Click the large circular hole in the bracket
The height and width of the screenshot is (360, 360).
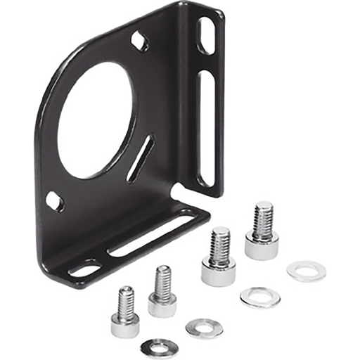pos(95,119)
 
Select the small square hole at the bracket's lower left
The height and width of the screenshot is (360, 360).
pos(54,202)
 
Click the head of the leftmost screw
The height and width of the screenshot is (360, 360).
pos(125,324)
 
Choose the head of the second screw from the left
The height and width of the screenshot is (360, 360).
pos(162,304)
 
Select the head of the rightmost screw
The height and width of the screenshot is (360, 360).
pos(262,247)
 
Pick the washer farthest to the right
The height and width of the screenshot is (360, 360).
pos(307,271)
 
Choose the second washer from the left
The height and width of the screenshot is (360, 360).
pos(204,327)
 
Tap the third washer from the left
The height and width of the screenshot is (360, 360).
pos(259,297)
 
